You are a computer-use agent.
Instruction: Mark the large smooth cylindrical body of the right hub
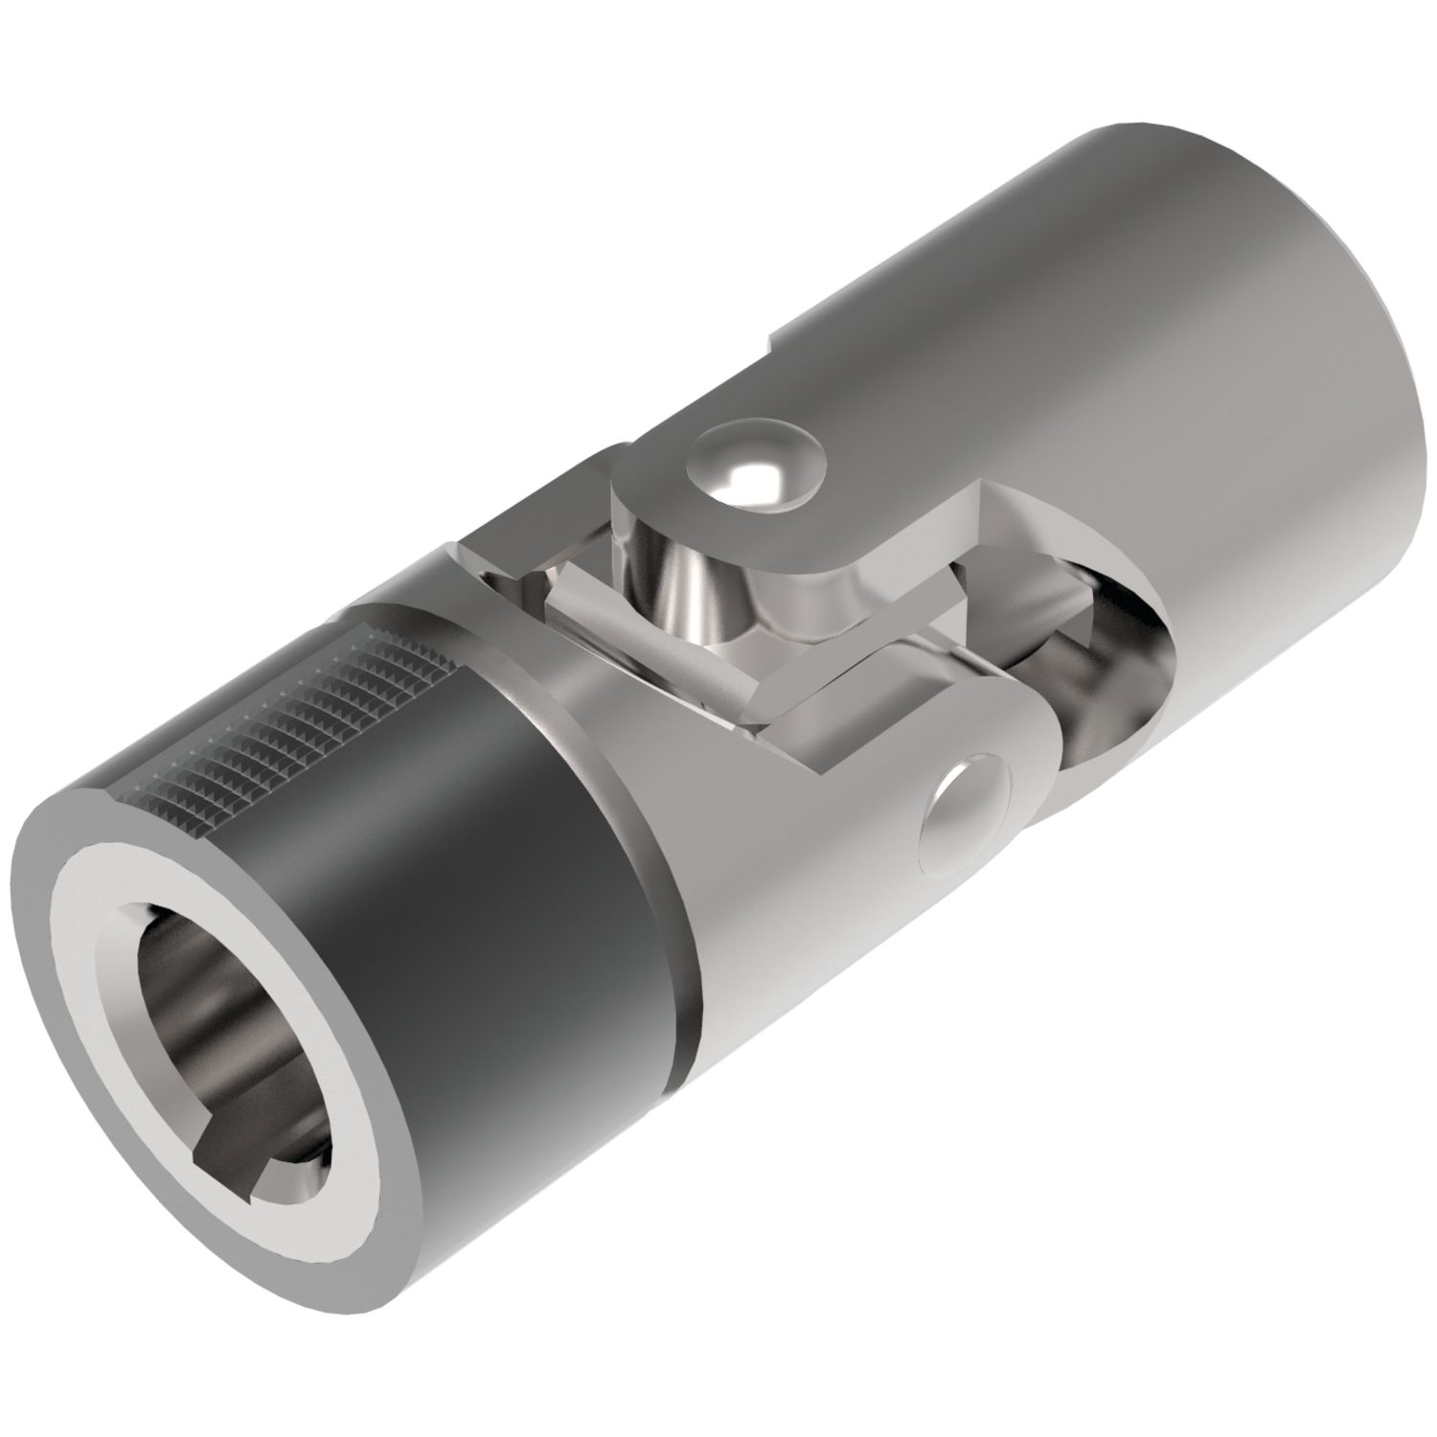pyautogui.click(x=1102, y=335)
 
